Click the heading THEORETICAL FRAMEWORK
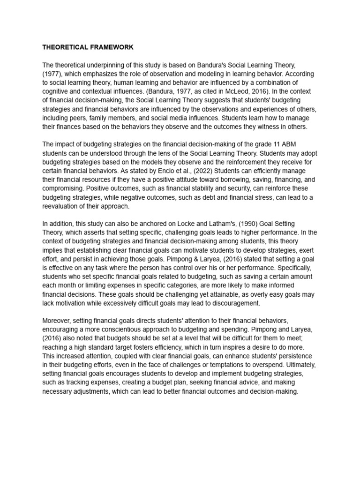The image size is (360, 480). tap(88, 47)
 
